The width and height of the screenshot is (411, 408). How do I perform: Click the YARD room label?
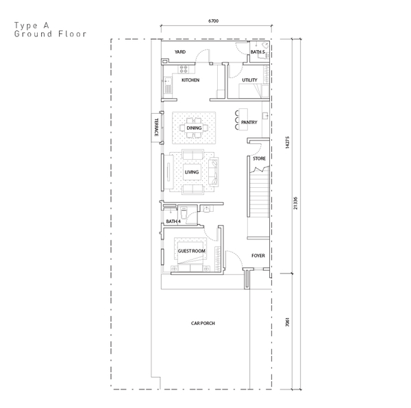click(180, 52)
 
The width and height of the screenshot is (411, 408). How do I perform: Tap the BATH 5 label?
click(258, 52)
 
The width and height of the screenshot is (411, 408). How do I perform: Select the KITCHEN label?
click(190, 80)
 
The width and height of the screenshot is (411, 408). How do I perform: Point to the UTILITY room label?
click(249, 80)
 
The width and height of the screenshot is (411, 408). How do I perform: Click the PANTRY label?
click(249, 122)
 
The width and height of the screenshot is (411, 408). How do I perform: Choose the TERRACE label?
click(156, 128)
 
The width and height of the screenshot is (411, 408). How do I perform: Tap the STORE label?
click(259, 158)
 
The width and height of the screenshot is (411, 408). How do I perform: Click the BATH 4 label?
click(173, 221)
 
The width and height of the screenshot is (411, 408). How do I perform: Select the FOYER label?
click(258, 256)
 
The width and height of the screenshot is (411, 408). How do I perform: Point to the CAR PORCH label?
click(203, 323)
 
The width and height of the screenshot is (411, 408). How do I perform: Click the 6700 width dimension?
click(213, 21)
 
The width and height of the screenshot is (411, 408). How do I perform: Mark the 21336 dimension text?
click(295, 203)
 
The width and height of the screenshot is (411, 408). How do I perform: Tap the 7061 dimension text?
click(287, 322)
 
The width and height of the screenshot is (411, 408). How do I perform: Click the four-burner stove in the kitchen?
click(184, 69)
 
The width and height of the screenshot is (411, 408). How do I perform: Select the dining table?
click(194, 128)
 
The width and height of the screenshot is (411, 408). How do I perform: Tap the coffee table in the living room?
click(192, 172)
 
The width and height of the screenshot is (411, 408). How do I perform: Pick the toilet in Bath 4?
click(183, 213)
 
